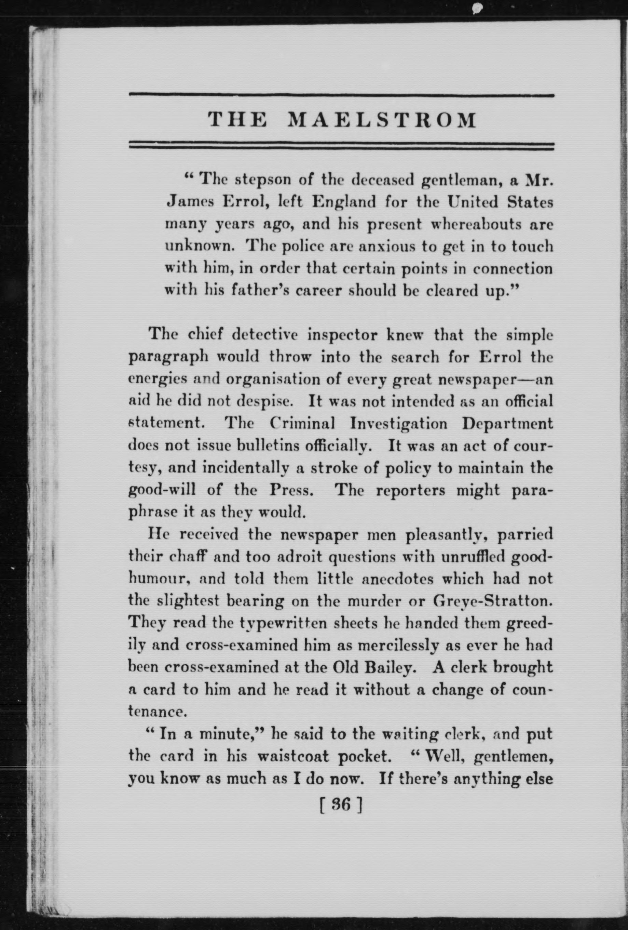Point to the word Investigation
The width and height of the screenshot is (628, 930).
(x=398, y=423)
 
